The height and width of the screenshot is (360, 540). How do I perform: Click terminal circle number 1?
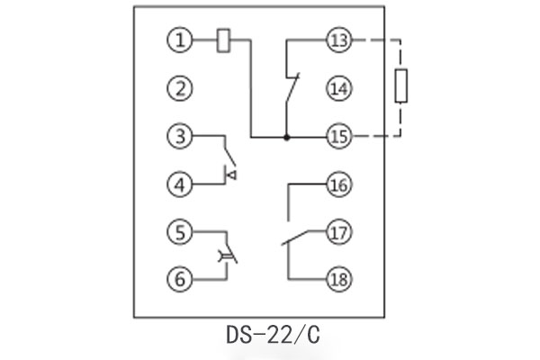coord(180,40)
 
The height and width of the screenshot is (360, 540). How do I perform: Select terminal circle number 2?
coord(180,89)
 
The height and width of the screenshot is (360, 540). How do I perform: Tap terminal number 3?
coord(180,137)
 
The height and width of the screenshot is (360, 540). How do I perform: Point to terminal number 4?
coord(180,185)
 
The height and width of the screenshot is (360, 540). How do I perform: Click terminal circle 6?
coord(180,279)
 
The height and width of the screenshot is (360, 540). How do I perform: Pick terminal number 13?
coord(339,40)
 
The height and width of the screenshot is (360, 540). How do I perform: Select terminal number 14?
coord(339,89)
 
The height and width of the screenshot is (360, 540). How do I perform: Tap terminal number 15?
coord(339,137)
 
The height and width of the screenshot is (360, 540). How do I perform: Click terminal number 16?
coord(339,185)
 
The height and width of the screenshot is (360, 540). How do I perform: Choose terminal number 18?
coord(339,279)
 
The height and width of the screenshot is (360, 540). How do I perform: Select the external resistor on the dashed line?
coord(403,87)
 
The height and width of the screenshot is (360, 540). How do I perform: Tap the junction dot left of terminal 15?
coord(286,137)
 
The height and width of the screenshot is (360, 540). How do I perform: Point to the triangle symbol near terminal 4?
coord(229,172)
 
